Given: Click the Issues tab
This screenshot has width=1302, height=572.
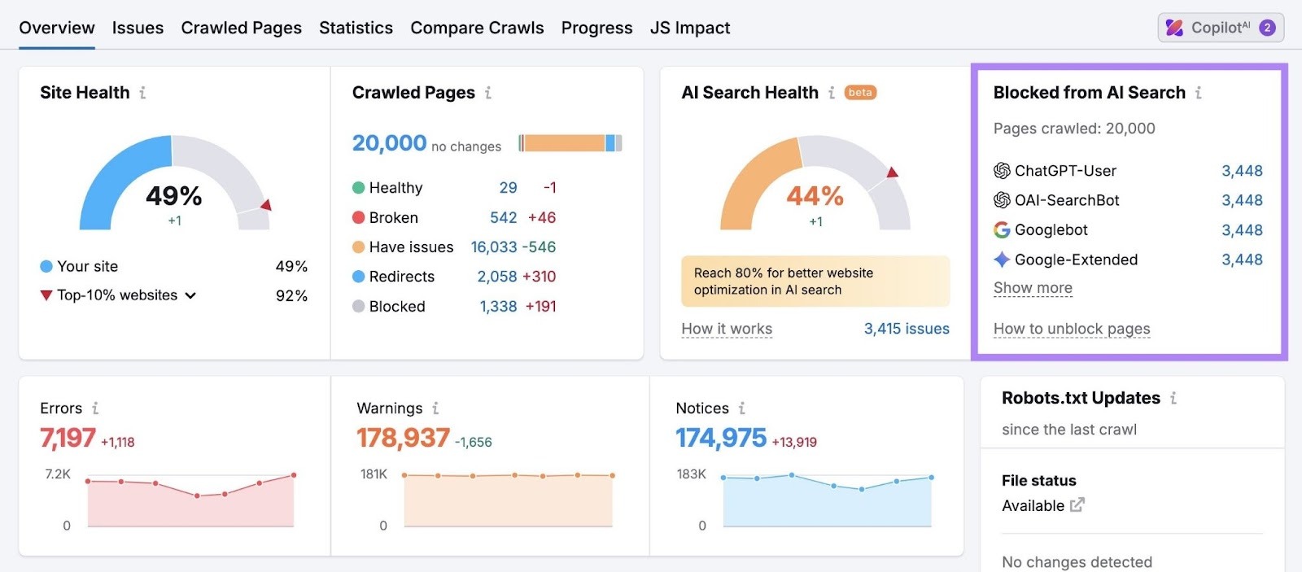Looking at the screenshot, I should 138,28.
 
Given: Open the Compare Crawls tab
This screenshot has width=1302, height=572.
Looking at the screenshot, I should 477,28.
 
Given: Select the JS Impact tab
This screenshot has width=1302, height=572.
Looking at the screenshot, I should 689,28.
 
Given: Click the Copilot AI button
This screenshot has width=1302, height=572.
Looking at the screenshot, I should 1220,28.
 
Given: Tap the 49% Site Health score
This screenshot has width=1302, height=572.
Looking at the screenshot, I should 173,196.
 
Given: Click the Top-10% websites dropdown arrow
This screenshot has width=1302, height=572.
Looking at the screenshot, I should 190,295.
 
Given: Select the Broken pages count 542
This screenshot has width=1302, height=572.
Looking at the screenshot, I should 503,217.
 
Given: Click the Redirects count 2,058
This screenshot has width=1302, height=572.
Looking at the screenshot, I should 496,277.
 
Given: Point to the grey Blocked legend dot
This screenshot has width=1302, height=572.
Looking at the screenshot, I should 358,307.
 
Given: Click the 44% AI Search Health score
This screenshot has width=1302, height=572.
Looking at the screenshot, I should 815,196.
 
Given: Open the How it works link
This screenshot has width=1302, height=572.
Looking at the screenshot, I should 727,329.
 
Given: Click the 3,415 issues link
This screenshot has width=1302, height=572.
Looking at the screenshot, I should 906,329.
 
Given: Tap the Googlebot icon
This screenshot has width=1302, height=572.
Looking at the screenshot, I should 1002,230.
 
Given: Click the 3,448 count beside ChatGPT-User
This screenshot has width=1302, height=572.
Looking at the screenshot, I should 1242,171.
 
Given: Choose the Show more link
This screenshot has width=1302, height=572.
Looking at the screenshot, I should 1033,288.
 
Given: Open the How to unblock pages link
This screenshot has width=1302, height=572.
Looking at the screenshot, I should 1072,329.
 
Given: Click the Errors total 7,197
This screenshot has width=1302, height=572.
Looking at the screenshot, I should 68,438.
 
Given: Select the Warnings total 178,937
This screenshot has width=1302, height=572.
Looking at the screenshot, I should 403,438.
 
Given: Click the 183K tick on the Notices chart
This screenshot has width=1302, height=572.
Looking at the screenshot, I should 691,474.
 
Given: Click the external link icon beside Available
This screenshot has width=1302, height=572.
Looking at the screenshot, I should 1077,505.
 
